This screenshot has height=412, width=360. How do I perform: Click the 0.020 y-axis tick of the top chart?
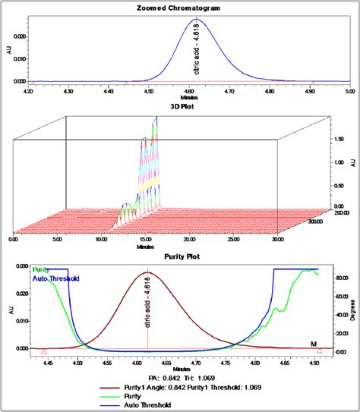pyautogui.click(x=17, y=36)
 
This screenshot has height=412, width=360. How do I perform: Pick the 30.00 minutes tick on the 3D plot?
pyautogui.click(x=279, y=241)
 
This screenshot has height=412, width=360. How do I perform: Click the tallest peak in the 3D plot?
pyautogui.click(x=156, y=119)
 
